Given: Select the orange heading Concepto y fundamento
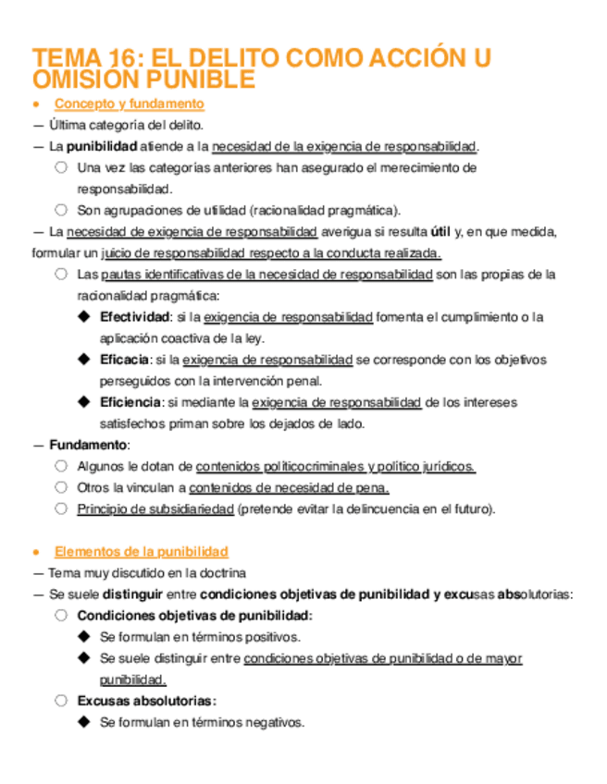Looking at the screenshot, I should (x=130, y=104).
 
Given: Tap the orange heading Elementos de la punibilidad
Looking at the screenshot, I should (x=142, y=552).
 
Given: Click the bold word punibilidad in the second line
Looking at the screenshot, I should (x=103, y=147).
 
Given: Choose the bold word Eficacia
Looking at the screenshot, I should (x=125, y=360).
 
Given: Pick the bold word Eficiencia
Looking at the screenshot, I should (x=130, y=402).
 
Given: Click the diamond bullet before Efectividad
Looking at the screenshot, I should (x=84, y=317).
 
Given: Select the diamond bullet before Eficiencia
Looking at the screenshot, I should (x=84, y=402).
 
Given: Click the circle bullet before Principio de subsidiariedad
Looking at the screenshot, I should (x=61, y=508).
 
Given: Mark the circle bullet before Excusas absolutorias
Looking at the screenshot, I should (x=61, y=701).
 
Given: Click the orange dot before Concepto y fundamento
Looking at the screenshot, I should (x=36, y=104).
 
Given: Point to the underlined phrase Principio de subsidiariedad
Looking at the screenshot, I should (x=155, y=508).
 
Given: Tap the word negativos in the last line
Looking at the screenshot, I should (x=277, y=722).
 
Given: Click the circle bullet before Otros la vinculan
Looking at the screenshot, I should (x=61, y=487).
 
